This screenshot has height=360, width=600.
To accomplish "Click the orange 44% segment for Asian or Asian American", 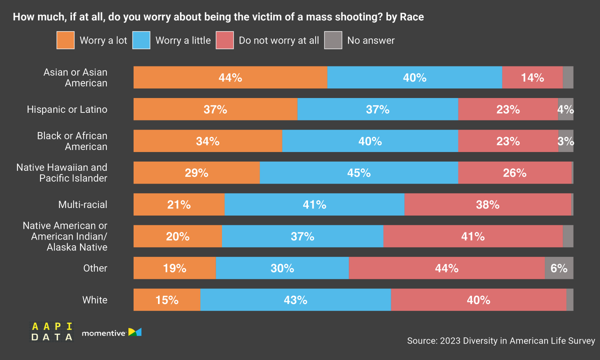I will [x=230, y=77].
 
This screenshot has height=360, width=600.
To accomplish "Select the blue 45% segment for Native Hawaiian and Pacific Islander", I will [x=358, y=173].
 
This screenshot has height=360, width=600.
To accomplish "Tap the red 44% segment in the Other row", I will [x=446, y=268].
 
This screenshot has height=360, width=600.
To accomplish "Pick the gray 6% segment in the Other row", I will [x=558, y=268].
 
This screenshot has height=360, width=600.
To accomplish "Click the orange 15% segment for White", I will [x=166, y=300].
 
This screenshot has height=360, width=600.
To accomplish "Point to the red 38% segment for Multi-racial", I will [x=487, y=204].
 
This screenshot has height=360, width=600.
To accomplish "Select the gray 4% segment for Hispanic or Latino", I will [x=565, y=109].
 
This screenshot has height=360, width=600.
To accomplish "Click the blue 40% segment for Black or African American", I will [x=370, y=141].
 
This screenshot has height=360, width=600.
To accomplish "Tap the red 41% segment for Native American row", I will [x=472, y=236].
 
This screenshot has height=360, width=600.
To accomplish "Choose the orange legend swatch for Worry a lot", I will [x=65, y=40].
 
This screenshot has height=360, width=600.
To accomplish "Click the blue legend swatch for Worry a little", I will [x=141, y=40].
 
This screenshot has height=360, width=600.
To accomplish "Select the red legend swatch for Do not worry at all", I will [x=224, y=40].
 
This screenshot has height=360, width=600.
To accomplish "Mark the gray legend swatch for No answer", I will [x=333, y=40].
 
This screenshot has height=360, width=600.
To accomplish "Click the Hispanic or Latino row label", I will [x=67, y=109].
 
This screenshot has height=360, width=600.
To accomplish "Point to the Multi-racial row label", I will [x=82, y=204].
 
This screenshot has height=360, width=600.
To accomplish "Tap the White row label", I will [x=94, y=300].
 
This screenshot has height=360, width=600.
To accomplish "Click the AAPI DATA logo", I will [x=52, y=332].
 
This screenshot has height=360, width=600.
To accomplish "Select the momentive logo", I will [x=111, y=332].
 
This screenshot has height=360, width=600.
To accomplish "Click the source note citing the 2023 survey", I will [x=500, y=341].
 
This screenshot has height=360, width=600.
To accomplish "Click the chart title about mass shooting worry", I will [x=218, y=17].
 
